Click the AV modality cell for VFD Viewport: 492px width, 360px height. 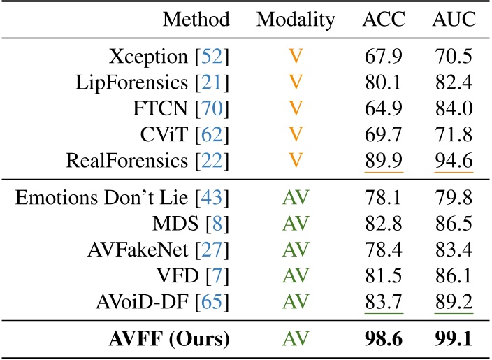point(296,278)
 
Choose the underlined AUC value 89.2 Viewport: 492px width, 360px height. point(454,304)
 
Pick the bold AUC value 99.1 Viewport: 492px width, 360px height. point(454,340)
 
